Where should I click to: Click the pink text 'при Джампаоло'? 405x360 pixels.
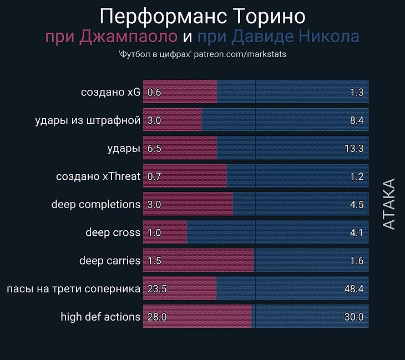(112, 37)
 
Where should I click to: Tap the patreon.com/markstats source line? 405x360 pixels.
(202, 54)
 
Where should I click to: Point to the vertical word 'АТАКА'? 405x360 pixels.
(389, 204)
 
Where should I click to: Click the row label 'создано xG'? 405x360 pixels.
(110, 92)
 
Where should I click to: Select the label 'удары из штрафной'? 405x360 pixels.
(87, 120)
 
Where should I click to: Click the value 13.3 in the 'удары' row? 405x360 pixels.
(353, 148)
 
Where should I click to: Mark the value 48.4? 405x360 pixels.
(353, 289)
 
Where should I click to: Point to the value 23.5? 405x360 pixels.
(157, 289)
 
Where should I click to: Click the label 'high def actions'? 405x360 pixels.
(100, 317)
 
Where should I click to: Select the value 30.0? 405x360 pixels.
(353, 317)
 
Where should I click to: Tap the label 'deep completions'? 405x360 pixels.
(96, 204)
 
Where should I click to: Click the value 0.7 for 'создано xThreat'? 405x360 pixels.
(154, 176)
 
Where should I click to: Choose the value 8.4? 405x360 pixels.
(356, 120)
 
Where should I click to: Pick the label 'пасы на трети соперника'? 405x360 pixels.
(73, 289)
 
